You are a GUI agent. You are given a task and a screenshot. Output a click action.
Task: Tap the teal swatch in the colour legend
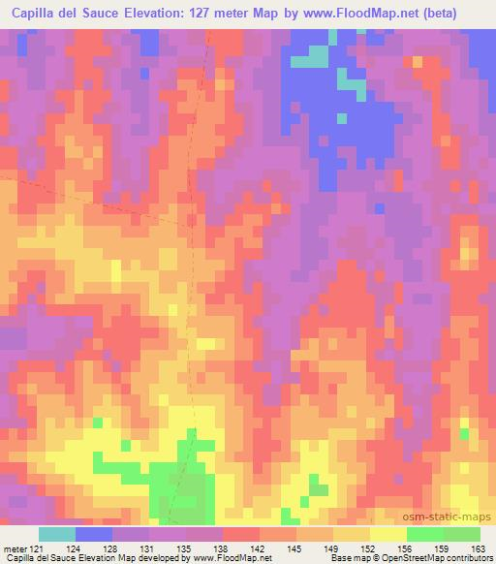click(x=57, y=534)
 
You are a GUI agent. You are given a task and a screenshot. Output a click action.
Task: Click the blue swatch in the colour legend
click(x=94, y=534)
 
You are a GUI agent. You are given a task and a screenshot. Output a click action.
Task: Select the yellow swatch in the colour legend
click(x=387, y=534)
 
